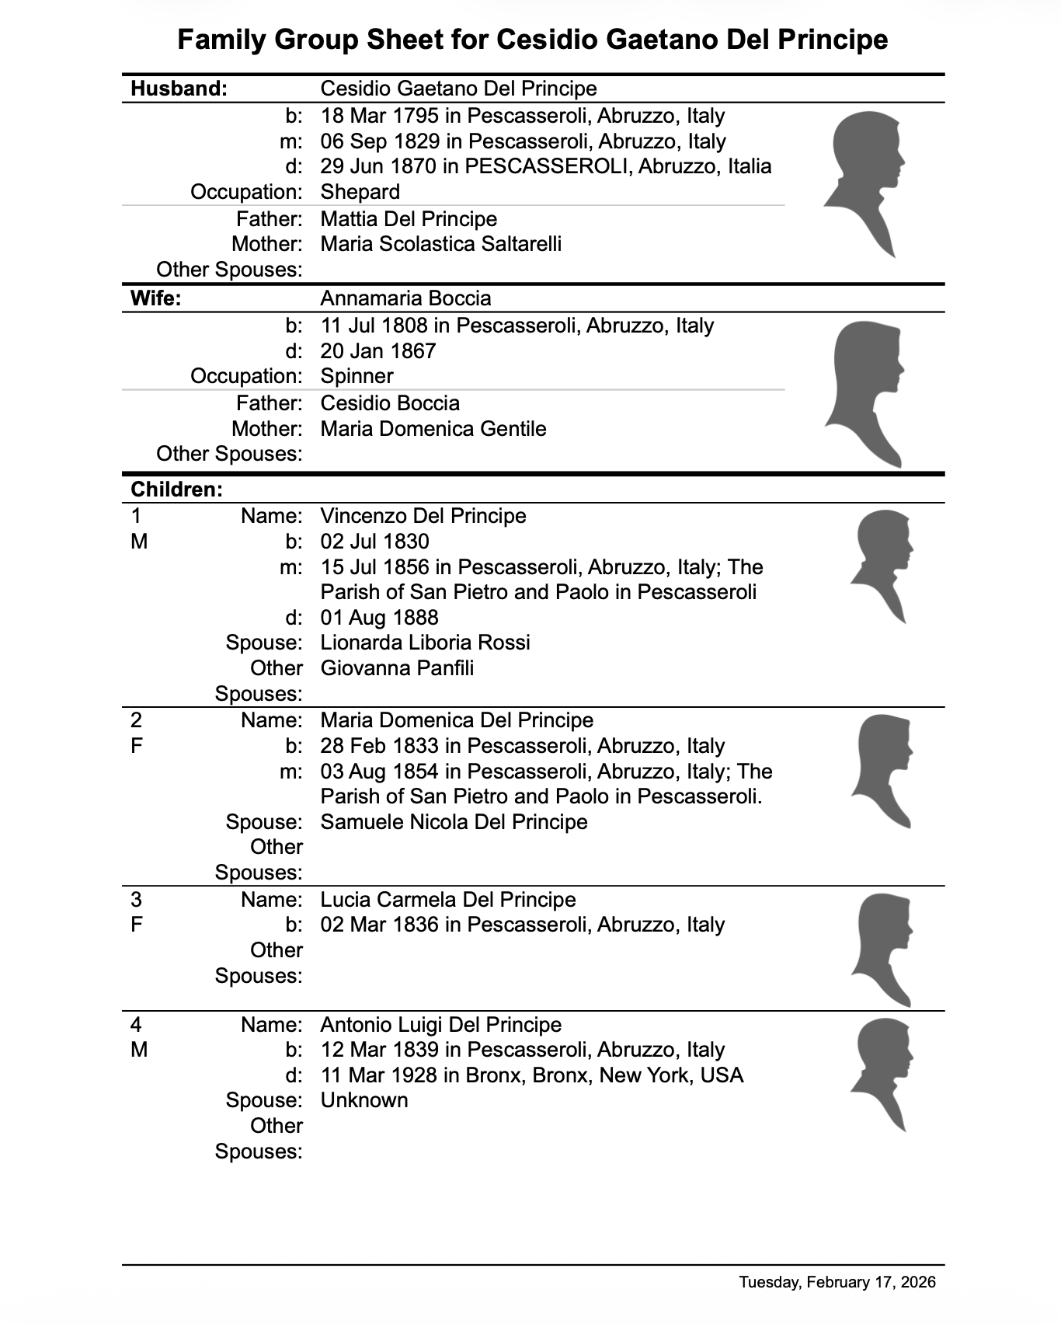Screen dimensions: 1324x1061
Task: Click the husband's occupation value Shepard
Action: click(x=360, y=192)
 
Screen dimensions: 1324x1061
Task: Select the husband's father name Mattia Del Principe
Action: click(x=409, y=219)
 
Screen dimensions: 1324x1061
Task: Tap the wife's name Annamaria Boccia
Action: click(x=405, y=298)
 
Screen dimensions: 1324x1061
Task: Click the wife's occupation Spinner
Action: click(x=357, y=376)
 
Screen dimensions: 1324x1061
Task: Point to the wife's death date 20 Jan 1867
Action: click(x=378, y=351)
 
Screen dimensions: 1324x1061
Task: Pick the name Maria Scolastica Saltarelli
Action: click(x=440, y=244)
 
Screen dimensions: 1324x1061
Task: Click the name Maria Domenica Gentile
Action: click(x=433, y=429)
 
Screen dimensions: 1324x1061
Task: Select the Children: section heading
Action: click(x=176, y=490)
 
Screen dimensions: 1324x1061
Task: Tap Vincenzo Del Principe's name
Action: click(x=423, y=516)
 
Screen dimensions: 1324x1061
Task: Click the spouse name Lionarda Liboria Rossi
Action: click(x=425, y=643)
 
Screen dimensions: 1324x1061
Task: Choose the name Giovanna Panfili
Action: click(x=397, y=668)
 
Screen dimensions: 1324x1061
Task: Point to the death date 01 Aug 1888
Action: click(x=379, y=618)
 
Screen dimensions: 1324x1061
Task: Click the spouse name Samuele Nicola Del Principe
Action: click(x=454, y=822)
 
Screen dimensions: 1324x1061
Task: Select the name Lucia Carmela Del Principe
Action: click(x=448, y=900)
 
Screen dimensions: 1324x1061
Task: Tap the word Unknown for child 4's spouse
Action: click(x=364, y=1100)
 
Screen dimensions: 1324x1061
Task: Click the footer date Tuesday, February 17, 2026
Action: click(x=837, y=1282)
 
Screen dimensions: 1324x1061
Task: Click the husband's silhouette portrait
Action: click(x=864, y=183)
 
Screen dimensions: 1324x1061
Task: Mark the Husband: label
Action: click(x=179, y=89)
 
